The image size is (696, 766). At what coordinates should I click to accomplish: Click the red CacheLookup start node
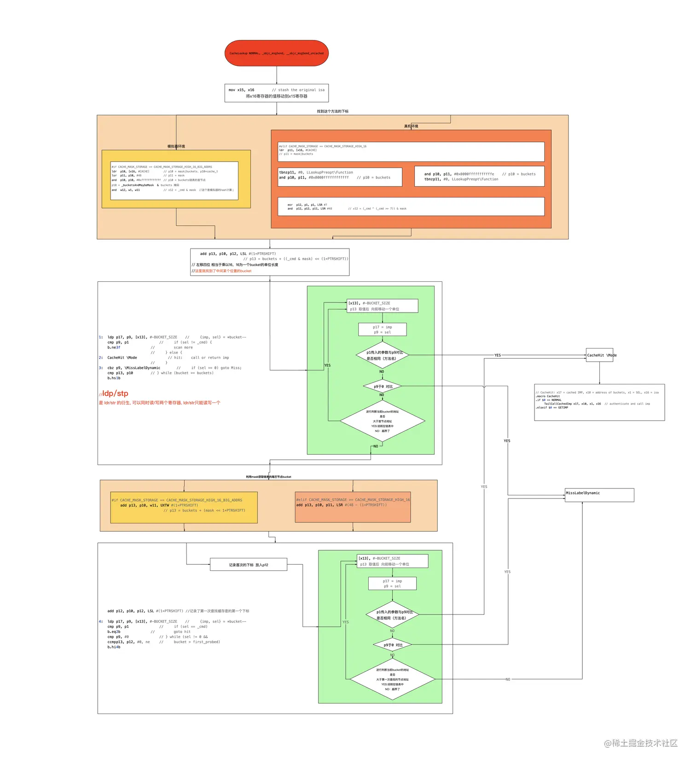coord(277,53)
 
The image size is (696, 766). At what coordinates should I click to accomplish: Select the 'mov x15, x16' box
coord(277,93)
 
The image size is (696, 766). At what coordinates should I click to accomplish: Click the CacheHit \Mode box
coord(599,355)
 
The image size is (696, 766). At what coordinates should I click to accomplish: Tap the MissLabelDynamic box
coord(599,495)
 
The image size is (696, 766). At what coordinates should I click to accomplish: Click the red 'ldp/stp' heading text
coord(115,393)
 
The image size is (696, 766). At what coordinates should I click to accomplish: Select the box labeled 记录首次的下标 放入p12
coord(249,564)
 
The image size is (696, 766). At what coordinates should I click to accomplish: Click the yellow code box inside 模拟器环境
coord(174,180)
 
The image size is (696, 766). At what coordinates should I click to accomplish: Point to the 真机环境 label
coord(411,126)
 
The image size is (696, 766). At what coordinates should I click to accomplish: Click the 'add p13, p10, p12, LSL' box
coord(270,262)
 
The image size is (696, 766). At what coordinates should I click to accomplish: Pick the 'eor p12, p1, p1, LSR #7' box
coord(411,206)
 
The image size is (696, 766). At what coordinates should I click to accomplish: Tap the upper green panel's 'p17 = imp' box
coord(383,330)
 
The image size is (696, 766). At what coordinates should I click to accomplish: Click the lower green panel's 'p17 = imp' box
coord(392,583)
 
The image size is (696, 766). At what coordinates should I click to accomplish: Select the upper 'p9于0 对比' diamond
coord(383,386)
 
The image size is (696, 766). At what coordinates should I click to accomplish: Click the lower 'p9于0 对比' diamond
coord(392,645)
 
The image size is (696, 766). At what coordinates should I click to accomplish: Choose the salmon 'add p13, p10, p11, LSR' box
coord(353,507)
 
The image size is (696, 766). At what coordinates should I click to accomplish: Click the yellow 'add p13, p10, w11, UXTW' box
coord(184,507)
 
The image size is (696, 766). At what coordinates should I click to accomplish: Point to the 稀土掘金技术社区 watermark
coord(641,743)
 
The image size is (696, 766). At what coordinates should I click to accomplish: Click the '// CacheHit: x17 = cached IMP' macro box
coord(599,402)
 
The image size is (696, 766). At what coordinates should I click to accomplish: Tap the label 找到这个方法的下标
coord(332,111)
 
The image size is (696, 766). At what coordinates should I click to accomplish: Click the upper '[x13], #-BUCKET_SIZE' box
coord(383,306)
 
